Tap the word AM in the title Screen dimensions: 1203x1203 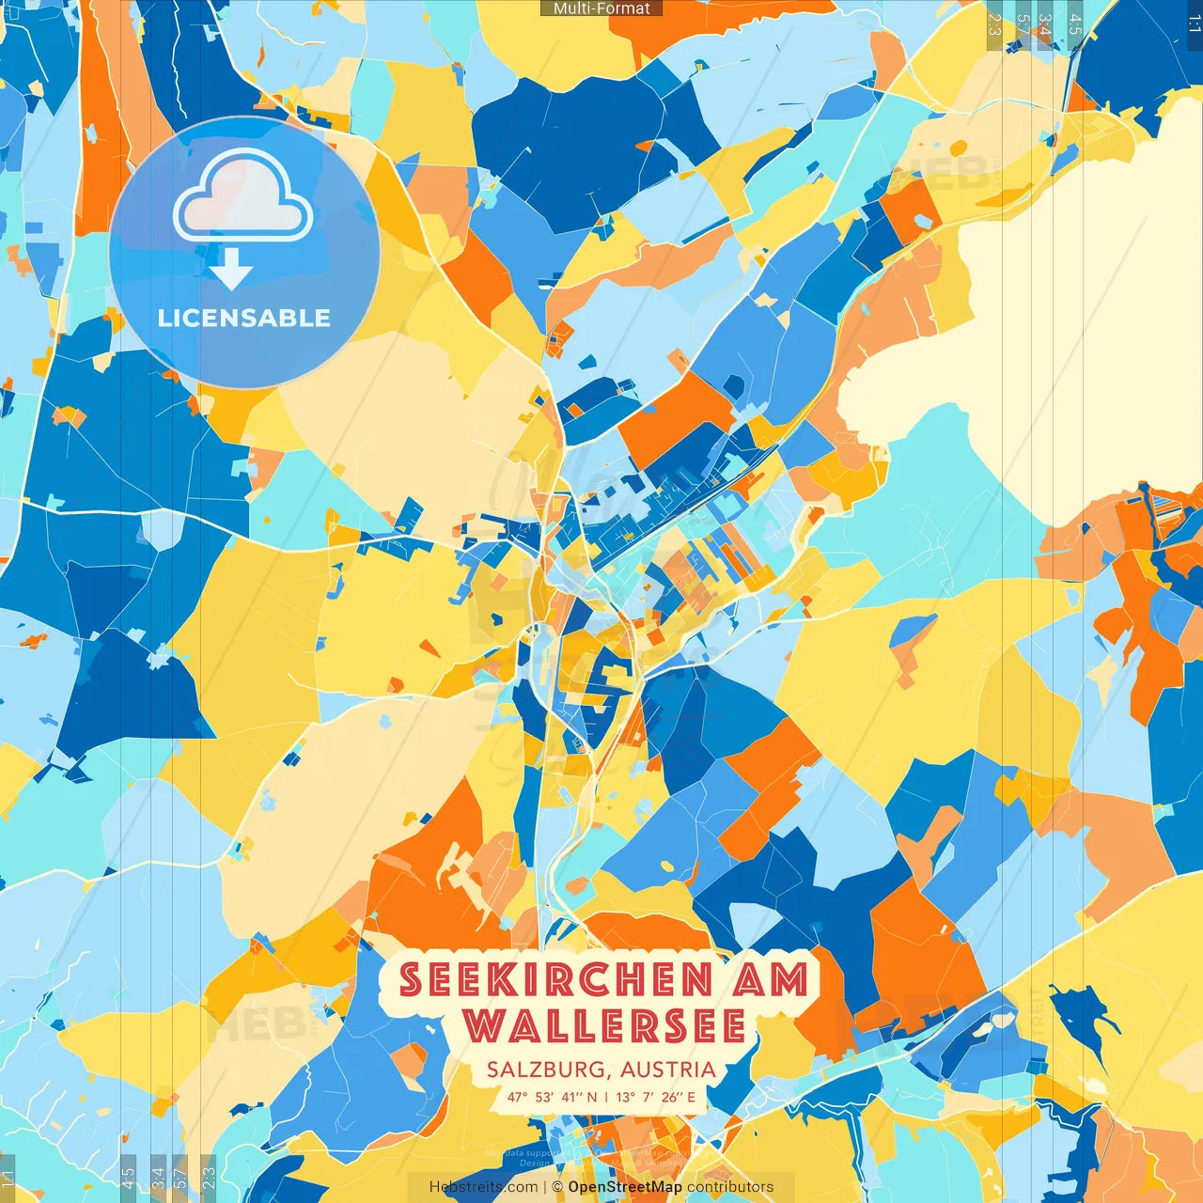point(770,980)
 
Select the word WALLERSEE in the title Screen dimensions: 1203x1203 point(604,1025)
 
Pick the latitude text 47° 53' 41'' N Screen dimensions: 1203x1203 point(552,1097)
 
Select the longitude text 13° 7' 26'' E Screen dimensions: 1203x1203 point(656,1097)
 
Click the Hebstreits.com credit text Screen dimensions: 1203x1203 point(483,1187)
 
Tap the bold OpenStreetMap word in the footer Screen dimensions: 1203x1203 point(625,1187)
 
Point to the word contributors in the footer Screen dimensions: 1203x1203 point(730,1187)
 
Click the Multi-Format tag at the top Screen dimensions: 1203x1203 point(601,8)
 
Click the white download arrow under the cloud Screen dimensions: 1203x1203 point(231,270)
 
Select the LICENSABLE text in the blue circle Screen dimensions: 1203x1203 point(244,318)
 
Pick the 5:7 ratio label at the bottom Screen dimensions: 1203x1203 point(180,1177)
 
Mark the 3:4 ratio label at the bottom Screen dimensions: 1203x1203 point(158,1177)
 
